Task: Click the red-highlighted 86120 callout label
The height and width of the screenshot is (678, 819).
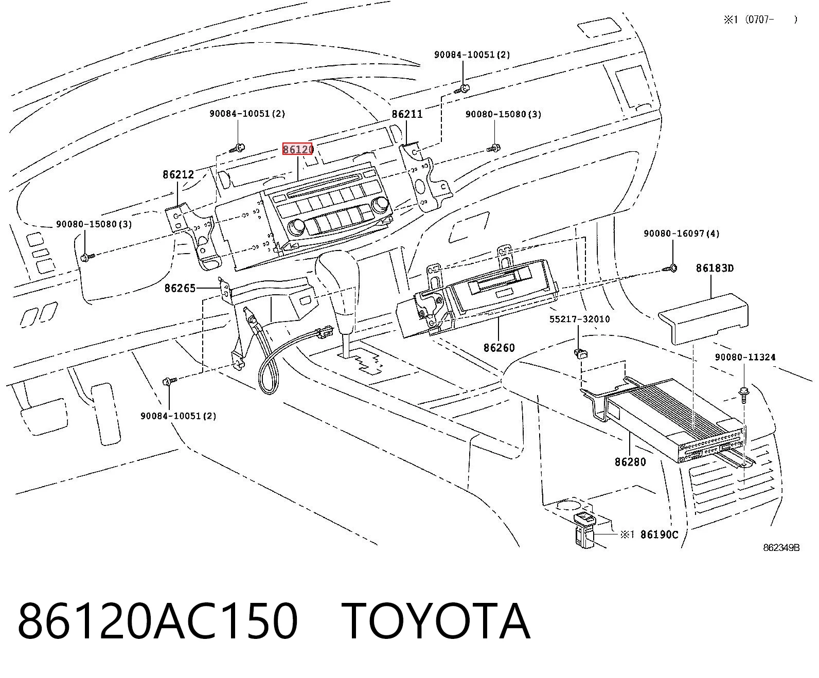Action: pyautogui.click(x=298, y=149)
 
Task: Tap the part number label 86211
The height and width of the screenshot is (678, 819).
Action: pyautogui.click(x=407, y=114)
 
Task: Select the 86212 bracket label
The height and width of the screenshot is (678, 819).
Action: pyautogui.click(x=179, y=174)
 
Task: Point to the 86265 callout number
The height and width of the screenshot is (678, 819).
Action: pyautogui.click(x=180, y=289)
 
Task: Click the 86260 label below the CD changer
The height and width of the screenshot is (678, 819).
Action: pyautogui.click(x=499, y=348)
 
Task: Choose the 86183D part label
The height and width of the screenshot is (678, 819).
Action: pyautogui.click(x=715, y=268)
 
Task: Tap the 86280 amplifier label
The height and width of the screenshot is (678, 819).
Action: pyautogui.click(x=630, y=462)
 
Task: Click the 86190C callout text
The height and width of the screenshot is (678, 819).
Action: pyautogui.click(x=659, y=534)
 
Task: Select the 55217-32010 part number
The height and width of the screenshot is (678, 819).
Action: pyautogui.click(x=579, y=319)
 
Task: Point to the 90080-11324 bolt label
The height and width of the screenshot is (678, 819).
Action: pyautogui.click(x=745, y=357)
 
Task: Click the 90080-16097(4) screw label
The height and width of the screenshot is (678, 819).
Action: pyautogui.click(x=681, y=234)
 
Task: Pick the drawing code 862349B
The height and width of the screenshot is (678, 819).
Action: pyautogui.click(x=781, y=547)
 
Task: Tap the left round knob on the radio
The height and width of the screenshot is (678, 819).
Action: pyautogui.click(x=296, y=226)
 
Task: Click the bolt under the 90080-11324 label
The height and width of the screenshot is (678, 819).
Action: pyautogui.click(x=743, y=395)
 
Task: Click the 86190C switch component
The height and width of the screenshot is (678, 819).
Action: pyautogui.click(x=585, y=530)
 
